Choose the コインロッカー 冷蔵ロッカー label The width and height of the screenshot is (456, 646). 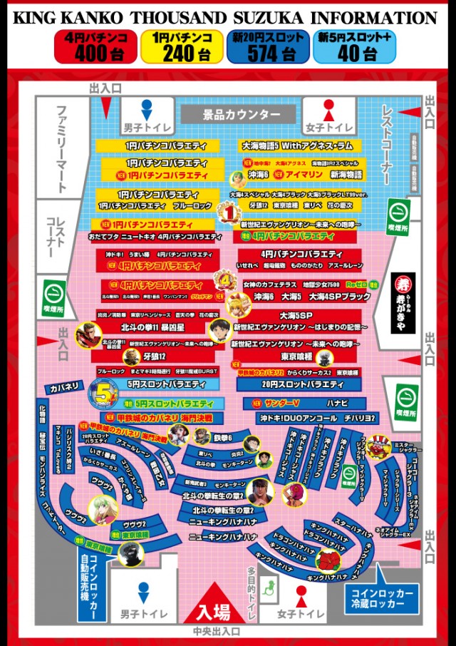click(x=381, y=598)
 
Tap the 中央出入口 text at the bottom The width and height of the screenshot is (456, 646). click(x=216, y=632)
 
